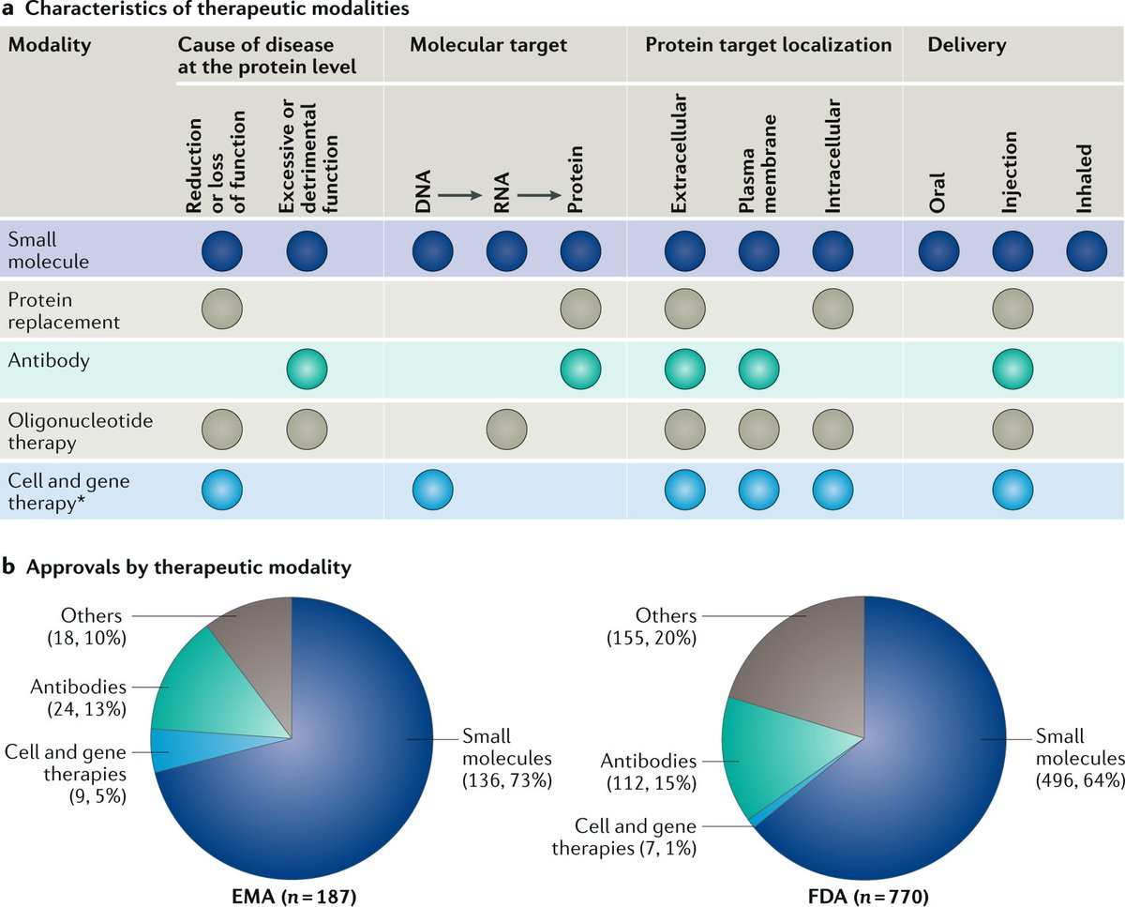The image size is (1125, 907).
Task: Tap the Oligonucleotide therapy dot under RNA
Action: coord(506,429)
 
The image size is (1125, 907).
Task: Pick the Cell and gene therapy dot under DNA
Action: coord(433,489)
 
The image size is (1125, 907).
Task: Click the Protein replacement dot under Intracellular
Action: coord(832,309)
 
